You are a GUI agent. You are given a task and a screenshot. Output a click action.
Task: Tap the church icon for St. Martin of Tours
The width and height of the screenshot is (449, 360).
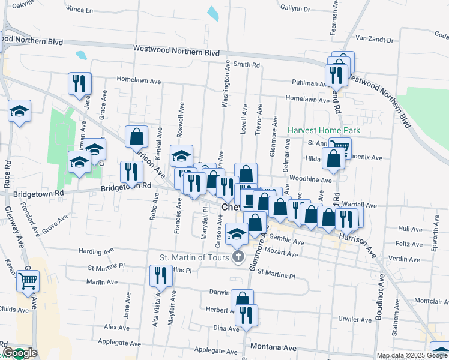coord(238,258)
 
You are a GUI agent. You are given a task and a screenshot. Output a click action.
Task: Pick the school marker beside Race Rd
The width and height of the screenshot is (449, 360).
coord(20,110)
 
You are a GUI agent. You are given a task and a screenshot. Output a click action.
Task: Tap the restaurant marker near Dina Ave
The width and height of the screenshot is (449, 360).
coord(246,314)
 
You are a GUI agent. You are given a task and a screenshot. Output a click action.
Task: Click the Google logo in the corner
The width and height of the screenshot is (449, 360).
coord(19,353)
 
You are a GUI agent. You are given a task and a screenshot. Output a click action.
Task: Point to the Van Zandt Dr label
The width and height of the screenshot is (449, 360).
coord(374,40)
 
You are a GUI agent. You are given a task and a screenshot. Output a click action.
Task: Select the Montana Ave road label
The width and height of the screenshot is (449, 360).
coord(274,347)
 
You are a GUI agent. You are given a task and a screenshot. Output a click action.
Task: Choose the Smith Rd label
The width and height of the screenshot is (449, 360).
coord(246,64)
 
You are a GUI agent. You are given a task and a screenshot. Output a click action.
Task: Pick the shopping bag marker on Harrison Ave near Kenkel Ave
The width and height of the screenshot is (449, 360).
coord(137,137)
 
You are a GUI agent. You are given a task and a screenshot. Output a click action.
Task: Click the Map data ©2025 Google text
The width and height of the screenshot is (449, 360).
coord(412,355)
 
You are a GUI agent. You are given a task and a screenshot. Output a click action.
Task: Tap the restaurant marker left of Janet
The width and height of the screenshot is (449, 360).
coord(79,83)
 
